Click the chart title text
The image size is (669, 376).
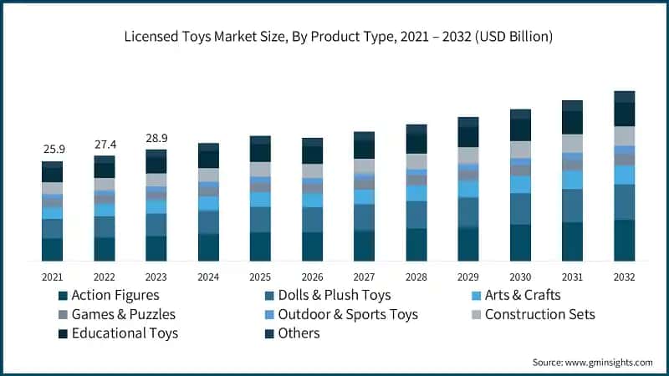pyautogui.click(x=334, y=37)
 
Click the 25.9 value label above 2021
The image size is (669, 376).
pyautogui.click(x=53, y=149)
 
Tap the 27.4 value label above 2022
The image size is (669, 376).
pyautogui.click(x=105, y=143)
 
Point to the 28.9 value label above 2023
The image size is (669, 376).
pyautogui.click(x=156, y=136)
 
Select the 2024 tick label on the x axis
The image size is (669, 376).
pyautogui.click(x=208, y=277)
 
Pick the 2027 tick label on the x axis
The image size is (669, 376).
pyautogui.click(x=364, y=277)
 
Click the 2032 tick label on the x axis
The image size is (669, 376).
pyautogui.click(x=624, y=277)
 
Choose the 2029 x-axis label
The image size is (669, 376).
pyautogui.click(x=468, y=277)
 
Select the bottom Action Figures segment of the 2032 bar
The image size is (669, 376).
pyautogui.click(x=624, y=241)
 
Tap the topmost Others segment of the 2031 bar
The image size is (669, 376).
pyautogui.click(x=572, y=105)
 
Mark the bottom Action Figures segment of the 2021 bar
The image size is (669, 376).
pyautogui.click(x=53, y=250)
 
